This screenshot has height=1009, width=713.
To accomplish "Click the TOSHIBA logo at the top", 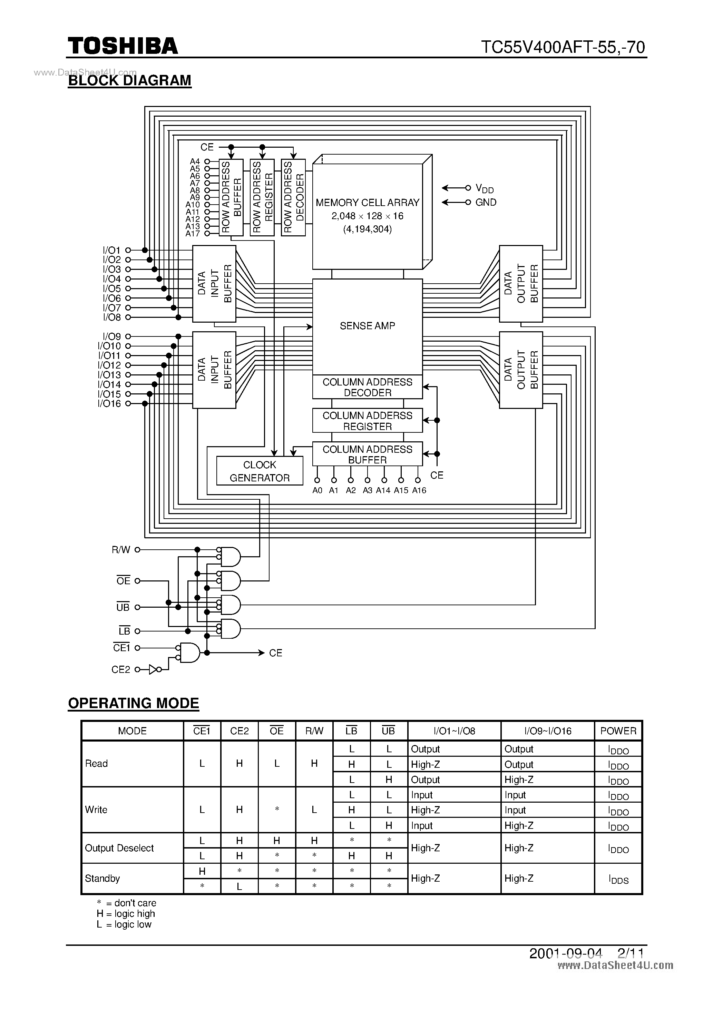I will pyautogui.click(x=123, y=46).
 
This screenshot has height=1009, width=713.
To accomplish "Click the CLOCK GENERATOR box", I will pyautogui.click(x=260, y=471).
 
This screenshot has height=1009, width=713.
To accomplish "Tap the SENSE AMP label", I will pyautogui.click(x=367, y=326).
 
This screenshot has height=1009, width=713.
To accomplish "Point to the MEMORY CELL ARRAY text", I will pyautogui.click(x=367, y=203).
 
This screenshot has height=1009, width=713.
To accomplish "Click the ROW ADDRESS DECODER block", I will pyautogui.click(x=293, y=197).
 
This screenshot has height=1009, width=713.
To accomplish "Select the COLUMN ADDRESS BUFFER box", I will pyautogui.click(x=367, y=454).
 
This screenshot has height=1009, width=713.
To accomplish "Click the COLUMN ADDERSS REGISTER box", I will pyautogui.click(x=367, y=421).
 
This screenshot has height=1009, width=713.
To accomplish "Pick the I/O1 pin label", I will pyautogui.click(x=112, y=250).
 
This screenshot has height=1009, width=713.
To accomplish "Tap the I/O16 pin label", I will pyautogui.click(x=109, y=403).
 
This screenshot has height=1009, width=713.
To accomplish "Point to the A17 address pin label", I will pyautogui.click(x=193, y=234).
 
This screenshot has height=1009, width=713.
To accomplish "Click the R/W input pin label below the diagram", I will pyautogui.click(x=121, y=550).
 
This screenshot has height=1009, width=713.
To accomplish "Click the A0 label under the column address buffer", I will pyautogui.click(x=317, y=490).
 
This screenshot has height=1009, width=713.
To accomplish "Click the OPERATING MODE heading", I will pyautogui.click(x=133, y=703).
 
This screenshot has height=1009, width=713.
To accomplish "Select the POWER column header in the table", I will pyautogui.click(x=618, y=731).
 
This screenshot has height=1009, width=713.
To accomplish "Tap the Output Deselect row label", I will pyautogui.click(x=119, y=848).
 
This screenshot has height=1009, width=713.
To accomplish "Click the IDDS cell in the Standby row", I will pyautogui.click(x=618, y=879).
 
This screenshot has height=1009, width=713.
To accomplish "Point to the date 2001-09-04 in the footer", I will pyautogui.click(x=565, y=953).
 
